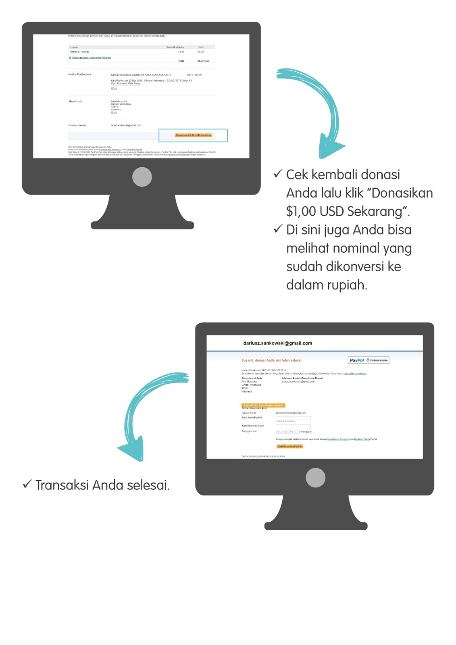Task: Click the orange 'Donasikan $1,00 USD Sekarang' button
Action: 194,135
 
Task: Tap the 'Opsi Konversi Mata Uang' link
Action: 126,83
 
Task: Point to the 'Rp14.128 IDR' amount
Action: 194,75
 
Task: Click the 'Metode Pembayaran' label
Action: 80,75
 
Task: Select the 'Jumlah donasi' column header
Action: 175,47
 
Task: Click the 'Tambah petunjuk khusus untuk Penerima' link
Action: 91,58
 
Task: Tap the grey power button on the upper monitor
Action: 142,177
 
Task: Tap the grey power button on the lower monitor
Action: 315,478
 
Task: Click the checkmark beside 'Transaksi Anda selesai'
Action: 27,484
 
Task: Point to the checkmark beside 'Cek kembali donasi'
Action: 278,174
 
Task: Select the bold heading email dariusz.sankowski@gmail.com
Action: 277,343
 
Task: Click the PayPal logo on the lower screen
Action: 357,360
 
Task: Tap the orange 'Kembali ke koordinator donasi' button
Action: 263,405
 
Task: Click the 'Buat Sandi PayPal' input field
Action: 293,418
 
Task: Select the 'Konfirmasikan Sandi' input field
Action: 293,426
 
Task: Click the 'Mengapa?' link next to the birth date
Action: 306,432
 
